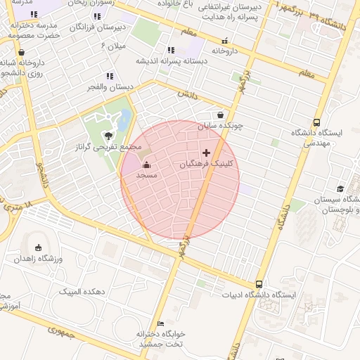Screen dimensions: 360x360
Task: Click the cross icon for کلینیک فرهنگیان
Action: [x=206, y=153]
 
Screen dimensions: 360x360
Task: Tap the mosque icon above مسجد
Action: [x=146, y=165]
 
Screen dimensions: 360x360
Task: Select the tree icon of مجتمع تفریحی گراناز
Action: [x=108, y=136]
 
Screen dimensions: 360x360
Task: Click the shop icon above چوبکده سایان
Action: [x=221, y=115]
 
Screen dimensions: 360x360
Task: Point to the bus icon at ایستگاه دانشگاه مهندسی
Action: [x=317, y=122]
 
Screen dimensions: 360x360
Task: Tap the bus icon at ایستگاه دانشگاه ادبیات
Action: [x=259, y=285]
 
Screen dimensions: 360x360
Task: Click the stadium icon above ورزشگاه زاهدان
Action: [x=38, y=247]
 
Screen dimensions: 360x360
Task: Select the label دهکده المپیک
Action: [x=82, y=291]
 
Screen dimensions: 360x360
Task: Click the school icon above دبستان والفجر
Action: [x=109, y=76]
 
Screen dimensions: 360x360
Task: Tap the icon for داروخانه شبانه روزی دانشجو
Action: [x=21, y=52]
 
